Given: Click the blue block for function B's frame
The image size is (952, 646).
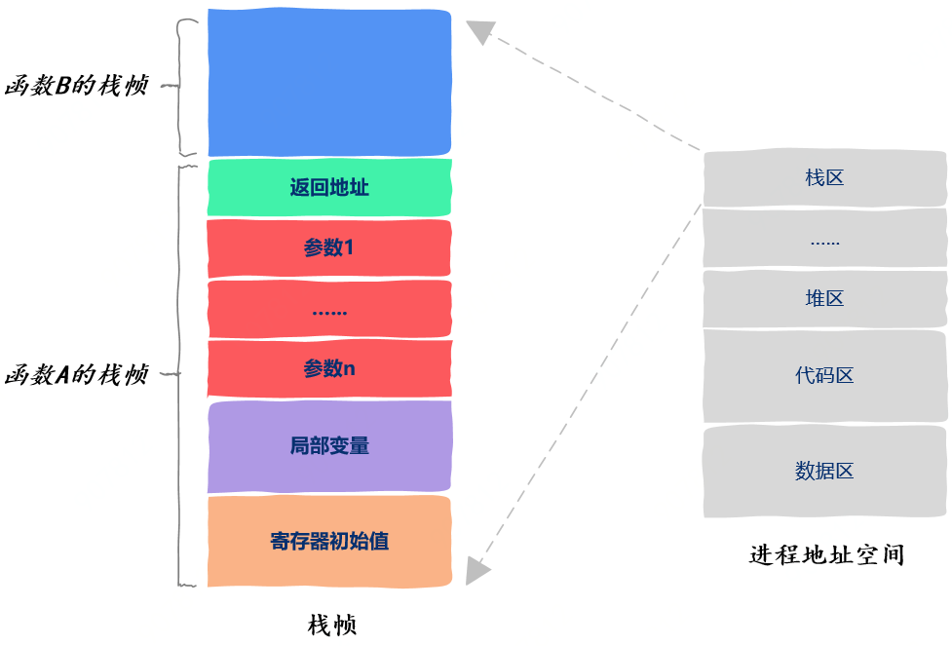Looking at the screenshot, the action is pyautogui.click(x=329, y=83).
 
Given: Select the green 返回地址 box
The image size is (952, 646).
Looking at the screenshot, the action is pyautogui.click(x=329, y=188).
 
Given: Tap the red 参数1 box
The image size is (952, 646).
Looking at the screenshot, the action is pyautogui.click(x=329, y=247).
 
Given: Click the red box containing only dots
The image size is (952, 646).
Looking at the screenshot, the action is pyautogui.click(x=329, y=309).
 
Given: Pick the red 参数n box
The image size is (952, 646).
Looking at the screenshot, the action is pyautogui.click(x=329, y=368).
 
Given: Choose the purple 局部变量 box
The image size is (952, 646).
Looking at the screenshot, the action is pyautogui.click(x=329, y=446).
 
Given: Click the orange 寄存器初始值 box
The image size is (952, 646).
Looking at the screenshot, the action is pyautogui.click(x=329, y=542).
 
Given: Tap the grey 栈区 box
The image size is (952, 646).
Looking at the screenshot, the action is pyautogui.click(x=824, y=178).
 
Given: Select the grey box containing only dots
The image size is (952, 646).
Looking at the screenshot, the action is pyautogui.click(x=824, y=239).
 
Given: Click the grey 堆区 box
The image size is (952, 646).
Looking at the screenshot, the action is pyautogui.click(x=824, y=299).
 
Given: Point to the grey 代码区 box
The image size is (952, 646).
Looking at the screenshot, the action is pyautogui.click(x=824, y=376).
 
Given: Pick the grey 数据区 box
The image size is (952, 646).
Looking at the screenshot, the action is pyautogui.click(x=824, y=472).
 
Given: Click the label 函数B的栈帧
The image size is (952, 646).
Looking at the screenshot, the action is pyautogui.click(x=77, y=86).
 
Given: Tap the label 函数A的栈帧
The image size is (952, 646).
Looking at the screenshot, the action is pyautogui.click(x=77, y=374).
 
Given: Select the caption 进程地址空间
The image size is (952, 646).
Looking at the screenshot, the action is pyautogui.click(x=827, y=555).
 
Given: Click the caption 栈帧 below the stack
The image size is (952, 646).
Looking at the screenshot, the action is pyautogui.click(x=332, y=625).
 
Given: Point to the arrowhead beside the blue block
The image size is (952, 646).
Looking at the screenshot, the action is pyautogui.click(x=480, y=31).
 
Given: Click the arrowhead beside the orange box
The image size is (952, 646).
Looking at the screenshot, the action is pyautogui.click(x=477, y=571).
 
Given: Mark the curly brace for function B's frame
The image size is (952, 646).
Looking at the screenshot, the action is pyautogui.click(x=179, y=86).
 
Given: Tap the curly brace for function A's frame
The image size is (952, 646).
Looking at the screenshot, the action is pyautogui.click(x=178, y=374).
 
